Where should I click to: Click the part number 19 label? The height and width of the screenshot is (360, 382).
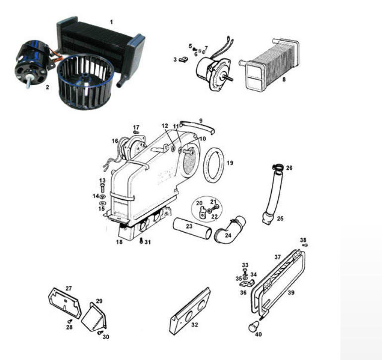[x=230, y=163]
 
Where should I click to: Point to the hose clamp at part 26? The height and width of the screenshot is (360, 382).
[x=278, y=167]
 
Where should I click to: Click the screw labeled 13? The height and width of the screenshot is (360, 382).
[x=102, y=188]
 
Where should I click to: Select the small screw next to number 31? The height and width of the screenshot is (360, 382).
[x=141, y=241]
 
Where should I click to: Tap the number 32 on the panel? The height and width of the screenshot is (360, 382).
[x=194, y=325]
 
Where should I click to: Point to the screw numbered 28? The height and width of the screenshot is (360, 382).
[x=70, y=321]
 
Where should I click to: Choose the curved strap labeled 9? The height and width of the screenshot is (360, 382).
[x=197, y=126]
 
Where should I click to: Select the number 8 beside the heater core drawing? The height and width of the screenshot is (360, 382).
[x=284, y=79]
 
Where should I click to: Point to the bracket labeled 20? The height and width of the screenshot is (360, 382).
[x=202, y=212]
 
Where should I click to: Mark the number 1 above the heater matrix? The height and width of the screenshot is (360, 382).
[x=112, y=22]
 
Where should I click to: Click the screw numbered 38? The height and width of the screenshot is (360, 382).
[x=305, y=245]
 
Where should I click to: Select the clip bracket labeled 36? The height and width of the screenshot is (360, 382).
[x=247, y=283]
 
